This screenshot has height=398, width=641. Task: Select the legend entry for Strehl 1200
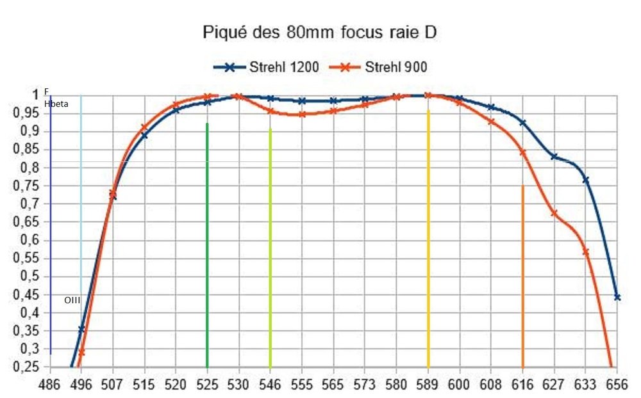pos(266,67)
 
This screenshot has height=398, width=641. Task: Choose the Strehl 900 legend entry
pos(379,67)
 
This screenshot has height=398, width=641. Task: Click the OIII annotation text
pos(72,299)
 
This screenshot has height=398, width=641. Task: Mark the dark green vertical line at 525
pos(207,243)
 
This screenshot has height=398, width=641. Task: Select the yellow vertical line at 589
pos(428,237)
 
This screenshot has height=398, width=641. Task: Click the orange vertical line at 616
pos(523,275)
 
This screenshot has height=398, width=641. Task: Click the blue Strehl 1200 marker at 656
pos(617,297)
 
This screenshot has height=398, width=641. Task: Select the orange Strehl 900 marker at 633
pos(586,252)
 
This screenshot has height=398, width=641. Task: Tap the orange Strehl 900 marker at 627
pos(554,213)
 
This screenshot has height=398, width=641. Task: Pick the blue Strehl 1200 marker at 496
pos(81,329)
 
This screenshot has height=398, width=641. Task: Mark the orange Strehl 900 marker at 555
pos(302,114)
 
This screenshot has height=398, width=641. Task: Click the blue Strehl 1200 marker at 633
pos(586,180)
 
